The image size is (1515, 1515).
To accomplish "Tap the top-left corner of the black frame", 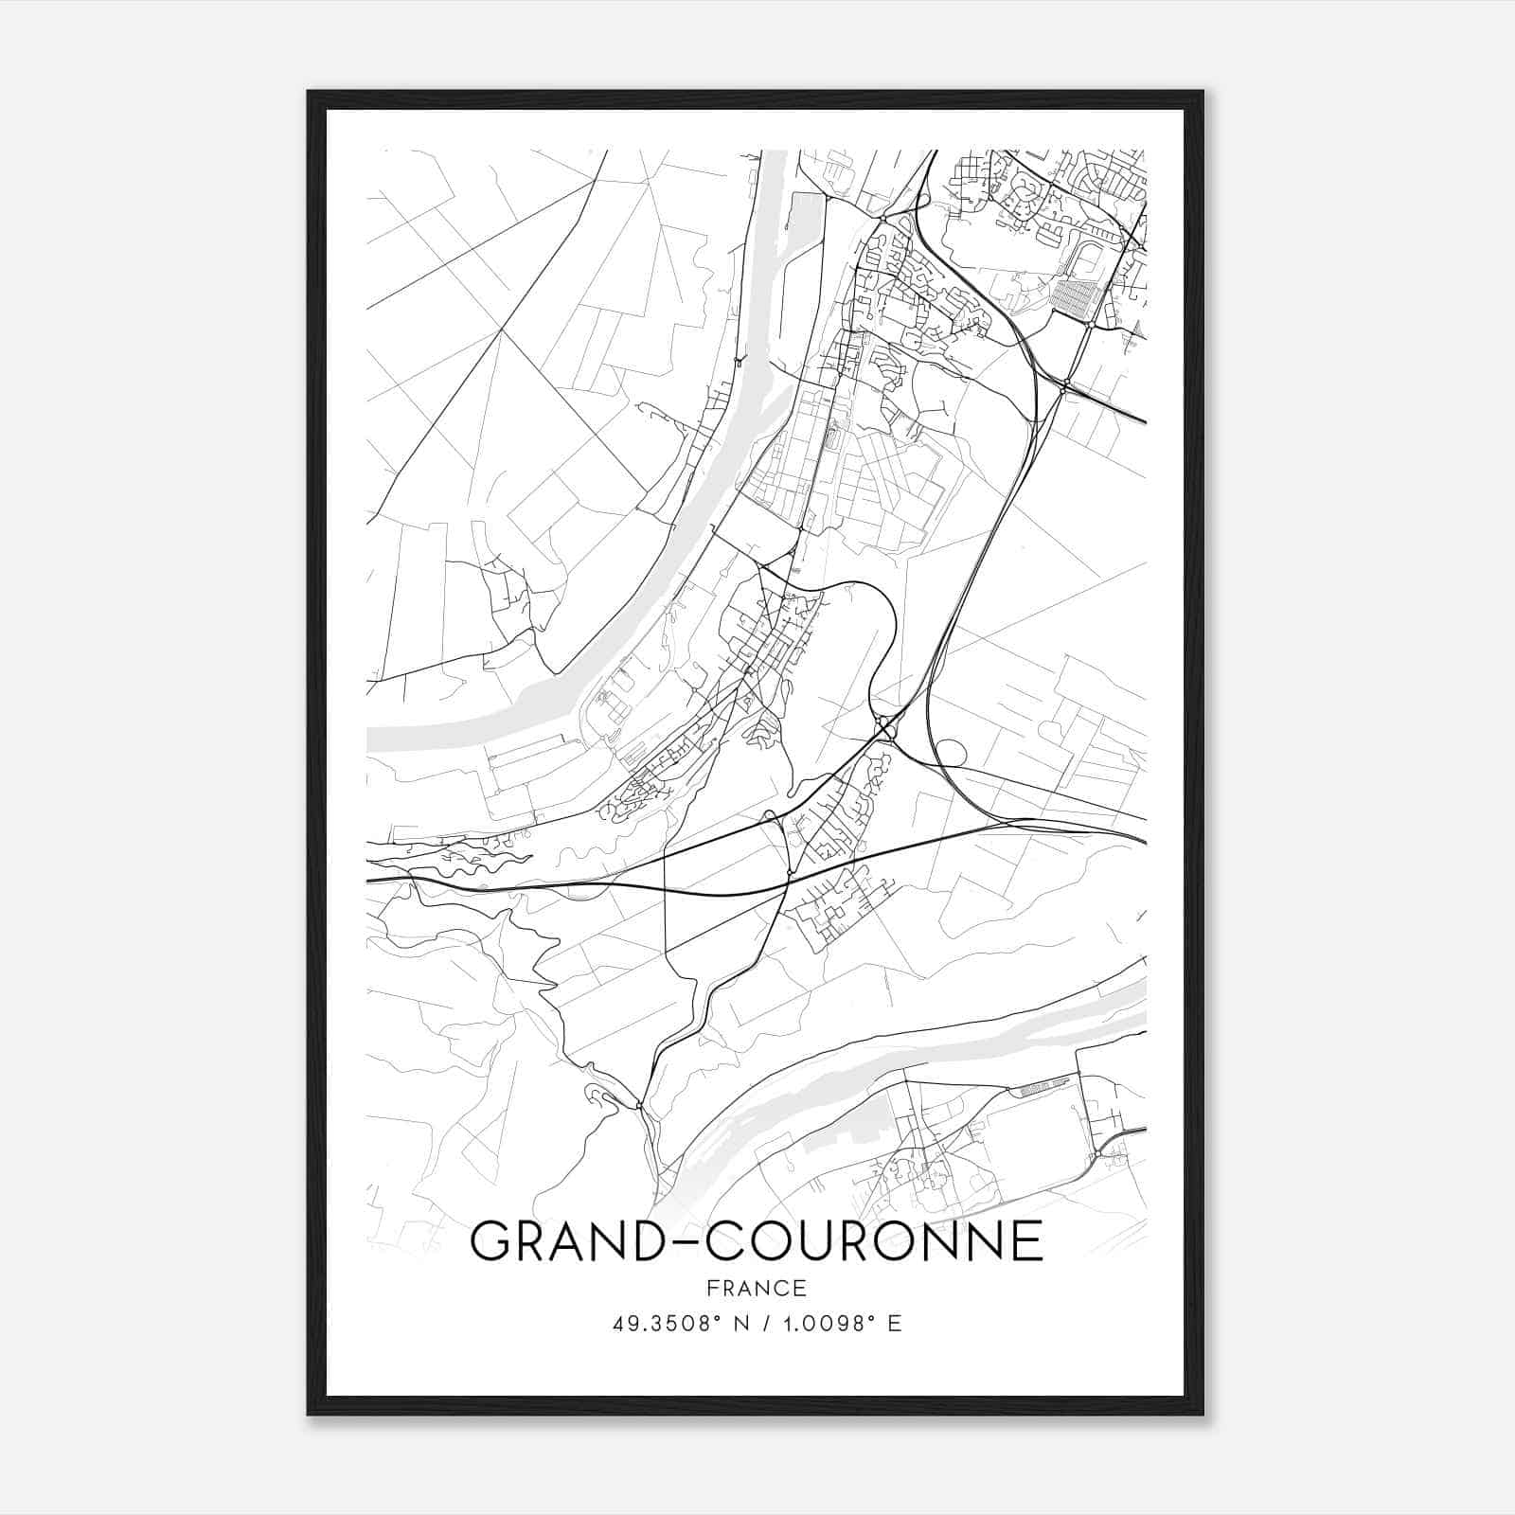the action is pos(310,93).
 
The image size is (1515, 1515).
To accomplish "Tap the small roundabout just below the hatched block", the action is pos(1091,324).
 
